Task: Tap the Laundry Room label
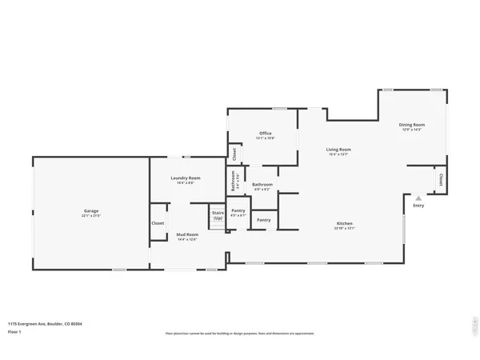pos(186,178)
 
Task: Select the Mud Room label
pos(186,234)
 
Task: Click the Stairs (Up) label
pos(218,214)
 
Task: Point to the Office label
pos(265,133)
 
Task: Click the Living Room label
pos(338,150)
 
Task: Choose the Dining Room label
pos(412,125)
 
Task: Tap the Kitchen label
pos(344,223)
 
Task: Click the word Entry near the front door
pos(418,206)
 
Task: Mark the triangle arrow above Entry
pos(418,196)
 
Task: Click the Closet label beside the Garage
pos(158,223)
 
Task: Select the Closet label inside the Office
pos(234,152)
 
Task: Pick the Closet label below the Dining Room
pos(440,180)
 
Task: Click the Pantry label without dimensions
pos(263,219)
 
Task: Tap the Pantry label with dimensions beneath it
pos(238,210)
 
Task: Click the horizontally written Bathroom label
pos(262,185)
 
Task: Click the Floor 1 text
pos(15,331)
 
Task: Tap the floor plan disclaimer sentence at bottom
pos(240,332)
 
